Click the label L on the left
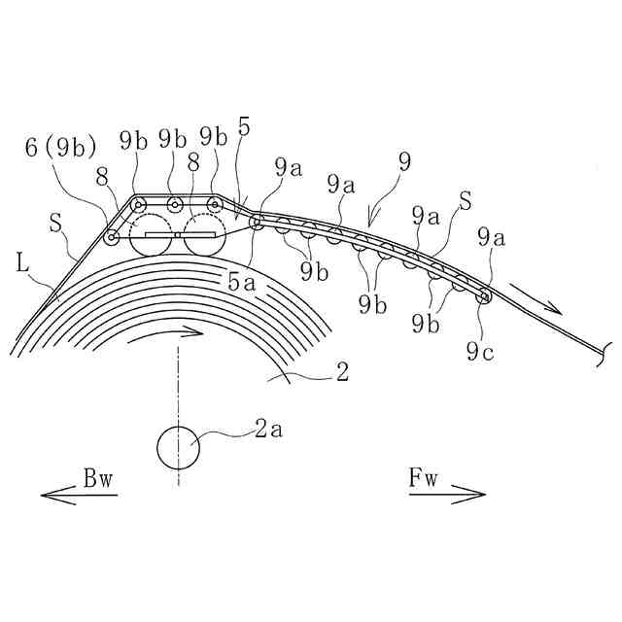click(22, 262)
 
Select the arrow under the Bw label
click(79, 496)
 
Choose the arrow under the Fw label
click(446, 496)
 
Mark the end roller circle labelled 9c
click(482, 295)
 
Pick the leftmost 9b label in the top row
click(134, 138)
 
